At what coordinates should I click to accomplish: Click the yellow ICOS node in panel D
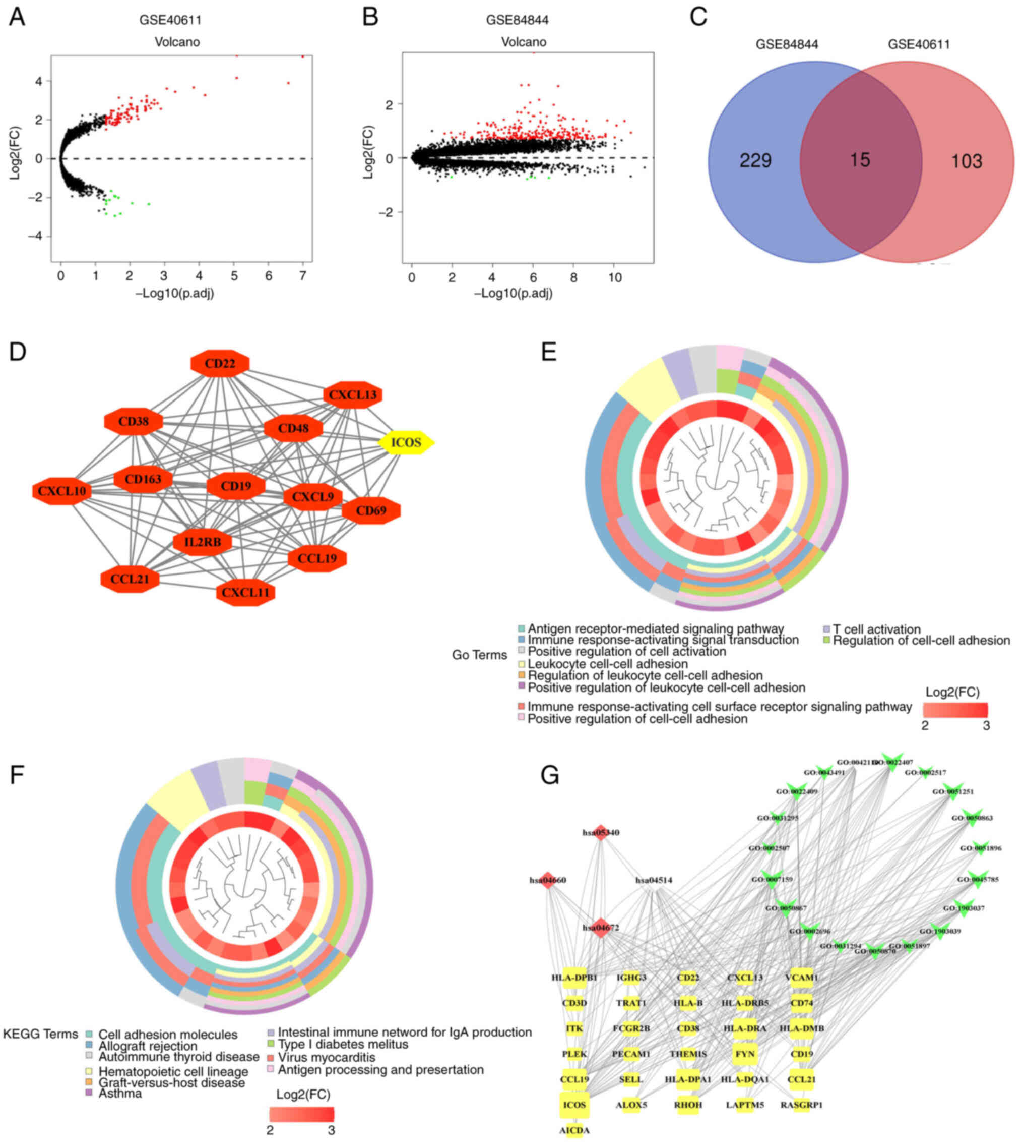406,442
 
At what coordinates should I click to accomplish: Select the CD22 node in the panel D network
220,364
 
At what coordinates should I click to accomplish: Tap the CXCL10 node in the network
62,491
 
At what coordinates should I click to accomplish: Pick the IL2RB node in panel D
203,542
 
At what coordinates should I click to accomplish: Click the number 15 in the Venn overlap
860,160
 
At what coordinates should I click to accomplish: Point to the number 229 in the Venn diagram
755,161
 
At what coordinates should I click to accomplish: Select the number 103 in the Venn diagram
966,161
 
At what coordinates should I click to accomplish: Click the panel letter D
18,352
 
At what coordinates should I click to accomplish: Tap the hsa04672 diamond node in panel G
601,928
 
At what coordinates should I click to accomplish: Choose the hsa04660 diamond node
548,880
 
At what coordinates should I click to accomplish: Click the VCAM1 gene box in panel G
801,978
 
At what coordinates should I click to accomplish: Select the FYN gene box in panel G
744,1054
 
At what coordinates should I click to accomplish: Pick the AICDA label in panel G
574,1130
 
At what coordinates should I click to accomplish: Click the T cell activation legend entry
876,629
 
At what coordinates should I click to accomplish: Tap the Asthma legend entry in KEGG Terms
120,1094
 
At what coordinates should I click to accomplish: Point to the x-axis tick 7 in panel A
303,276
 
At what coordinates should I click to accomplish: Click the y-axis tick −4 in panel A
35,237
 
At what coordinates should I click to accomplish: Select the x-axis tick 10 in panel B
615,278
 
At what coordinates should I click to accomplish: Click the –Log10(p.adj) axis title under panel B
513,294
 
